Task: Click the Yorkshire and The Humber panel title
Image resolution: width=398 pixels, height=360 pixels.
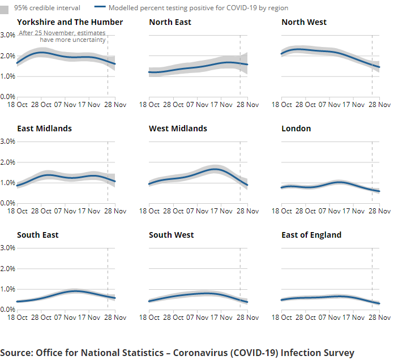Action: pyautogui.click(x=70, y=22)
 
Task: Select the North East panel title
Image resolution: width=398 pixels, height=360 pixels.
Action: pyautogui.click(x=170, y=22)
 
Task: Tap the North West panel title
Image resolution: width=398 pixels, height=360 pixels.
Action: pyautogui.click(x=304, y=22)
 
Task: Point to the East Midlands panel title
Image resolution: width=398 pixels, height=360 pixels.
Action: pyautogui.click(x=44, y=128)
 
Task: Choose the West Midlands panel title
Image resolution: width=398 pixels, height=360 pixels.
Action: pyautogui.click(x=178, y=128)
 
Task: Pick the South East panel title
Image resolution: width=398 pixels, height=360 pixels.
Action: pyautogui.click(x=37, y=235)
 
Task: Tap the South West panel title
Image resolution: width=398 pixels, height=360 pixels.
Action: pyautogui.click(x=171, y=235)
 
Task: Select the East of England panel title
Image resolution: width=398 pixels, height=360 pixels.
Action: pyautogui.click(x=311, y=235)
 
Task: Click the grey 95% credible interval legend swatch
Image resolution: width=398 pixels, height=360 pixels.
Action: pyautogui.click(x=5, y=8)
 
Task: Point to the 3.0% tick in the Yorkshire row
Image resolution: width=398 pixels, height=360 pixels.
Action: pyautogui.click(x=7, y=35)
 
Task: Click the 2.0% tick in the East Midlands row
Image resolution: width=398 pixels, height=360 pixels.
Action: pyautogui.click(x=7, y=162)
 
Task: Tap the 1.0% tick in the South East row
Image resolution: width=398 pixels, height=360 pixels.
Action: pyautogui.click(x=7, y=289)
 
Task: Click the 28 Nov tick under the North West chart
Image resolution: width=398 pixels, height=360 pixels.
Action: pyautogui.click(x=380, y=105)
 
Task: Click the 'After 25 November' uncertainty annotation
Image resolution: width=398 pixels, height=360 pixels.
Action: pyautogui.click(x=62, y=37)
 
